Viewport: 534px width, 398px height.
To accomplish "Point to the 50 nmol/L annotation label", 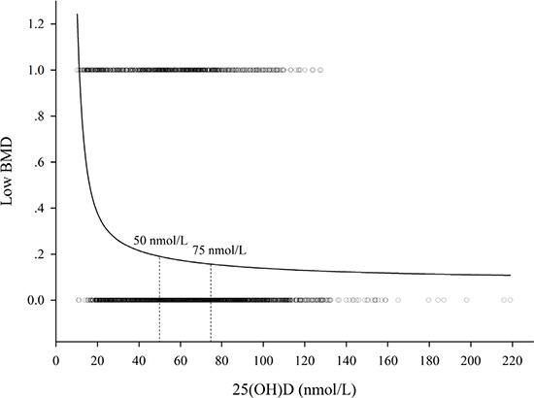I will click(160, 239).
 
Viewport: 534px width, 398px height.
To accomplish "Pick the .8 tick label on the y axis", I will click(37, 116).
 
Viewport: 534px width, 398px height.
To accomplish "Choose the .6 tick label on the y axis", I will click(37, 162).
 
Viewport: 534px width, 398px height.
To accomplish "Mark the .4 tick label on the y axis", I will click(37, 208).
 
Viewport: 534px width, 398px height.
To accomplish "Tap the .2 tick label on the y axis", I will click(37, 254).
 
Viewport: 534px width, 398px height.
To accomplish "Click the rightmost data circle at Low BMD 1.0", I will click(319, 70).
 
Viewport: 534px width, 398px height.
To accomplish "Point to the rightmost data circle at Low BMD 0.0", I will click(507, 300).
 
